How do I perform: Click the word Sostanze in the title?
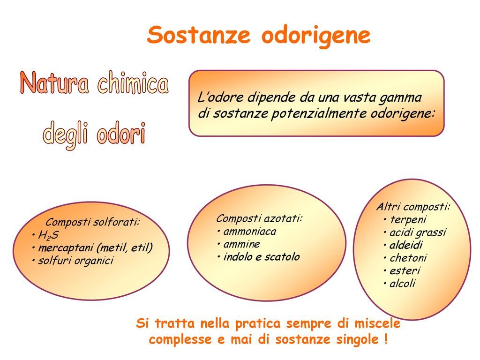tap(198, 35)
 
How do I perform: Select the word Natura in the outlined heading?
tap(54, 82)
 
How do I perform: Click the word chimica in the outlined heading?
tap(133, 82)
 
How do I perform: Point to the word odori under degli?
tap(121, 133)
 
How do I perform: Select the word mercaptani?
tap(65, 247)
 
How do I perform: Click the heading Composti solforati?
tap(93, 222)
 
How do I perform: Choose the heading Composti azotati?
tap(259, 218)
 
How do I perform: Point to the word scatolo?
tap(282, 256)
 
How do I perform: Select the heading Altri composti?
tap(413, 207)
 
